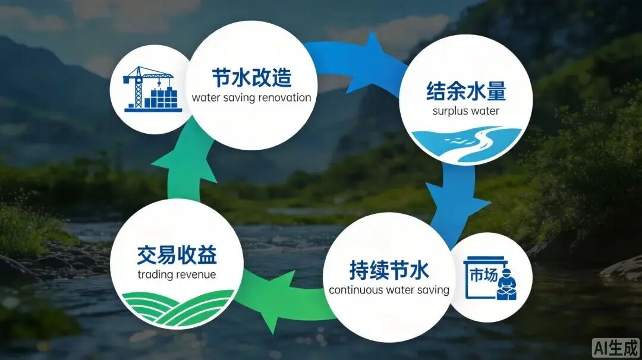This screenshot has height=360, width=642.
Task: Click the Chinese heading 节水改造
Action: (x=251, y=77)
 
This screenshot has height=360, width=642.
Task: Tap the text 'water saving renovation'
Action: (x=251, y=98)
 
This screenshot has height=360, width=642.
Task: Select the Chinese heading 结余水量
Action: (x=466, y=91)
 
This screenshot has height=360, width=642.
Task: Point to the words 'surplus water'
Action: (x=466, y=111)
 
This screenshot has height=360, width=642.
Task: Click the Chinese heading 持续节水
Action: (x=389, y=270)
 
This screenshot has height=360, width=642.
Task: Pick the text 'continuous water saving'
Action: (x=389, y=290)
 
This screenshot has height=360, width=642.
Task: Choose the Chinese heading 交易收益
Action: (x=177, y=254)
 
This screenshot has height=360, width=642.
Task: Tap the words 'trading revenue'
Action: (x=177, y=274)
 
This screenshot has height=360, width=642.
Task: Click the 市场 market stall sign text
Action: (x=483, y=275)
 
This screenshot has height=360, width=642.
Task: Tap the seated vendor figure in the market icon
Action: (x=506, y=285)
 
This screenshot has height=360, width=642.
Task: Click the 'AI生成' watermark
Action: (x=616, y=348)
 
